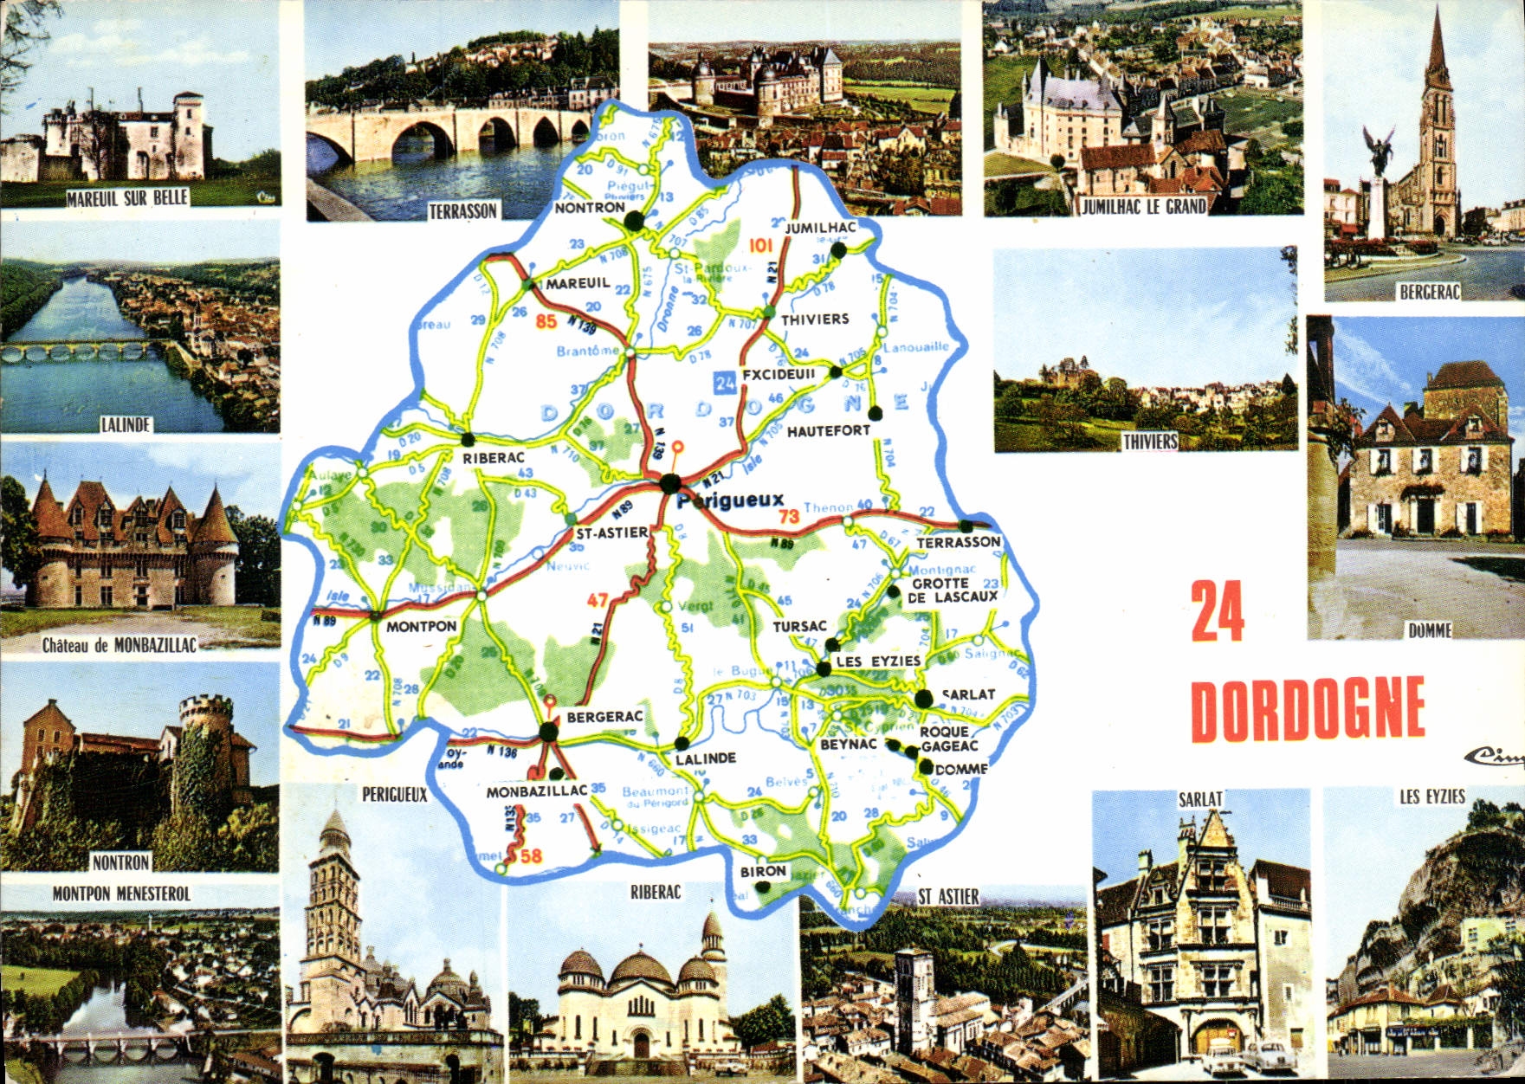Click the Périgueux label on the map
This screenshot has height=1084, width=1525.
(731, 500)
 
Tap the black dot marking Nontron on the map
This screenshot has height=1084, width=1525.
(636, 222)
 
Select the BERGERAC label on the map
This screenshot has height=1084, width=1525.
(604, 717)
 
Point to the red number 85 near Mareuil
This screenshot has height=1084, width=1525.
(546, 321)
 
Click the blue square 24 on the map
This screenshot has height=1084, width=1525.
(725, 380)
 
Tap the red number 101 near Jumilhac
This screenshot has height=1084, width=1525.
(759, 245)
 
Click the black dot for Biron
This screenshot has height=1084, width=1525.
(763, 887)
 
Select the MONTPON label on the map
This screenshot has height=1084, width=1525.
(421, 627)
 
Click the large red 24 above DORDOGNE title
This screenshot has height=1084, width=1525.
(1218, 611)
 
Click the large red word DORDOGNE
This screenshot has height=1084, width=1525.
(1308, 709)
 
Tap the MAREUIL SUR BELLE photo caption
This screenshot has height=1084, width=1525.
(127, 197)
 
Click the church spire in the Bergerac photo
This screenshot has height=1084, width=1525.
(1438, 52)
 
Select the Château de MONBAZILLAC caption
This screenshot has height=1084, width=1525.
(120, 645)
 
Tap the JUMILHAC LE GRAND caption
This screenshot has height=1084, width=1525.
(1143, 206)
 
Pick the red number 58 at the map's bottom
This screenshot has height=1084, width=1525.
(530, 856)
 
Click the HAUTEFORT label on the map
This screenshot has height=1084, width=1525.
(828, 430)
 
